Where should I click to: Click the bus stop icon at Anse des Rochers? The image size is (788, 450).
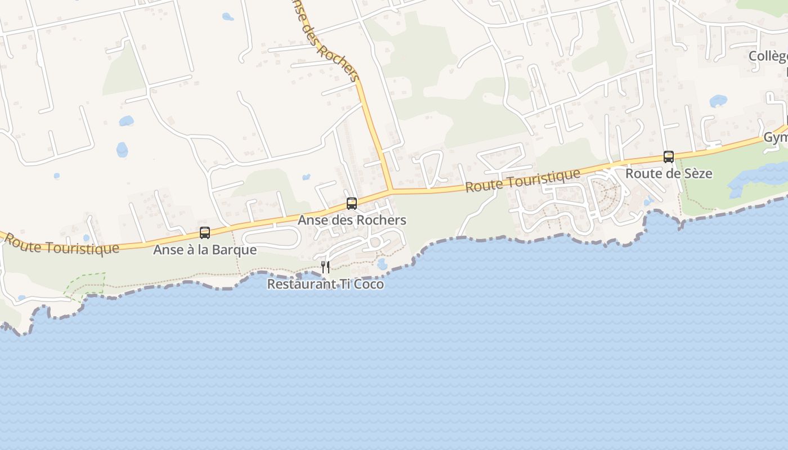pyautogui.click(x=352, y=204)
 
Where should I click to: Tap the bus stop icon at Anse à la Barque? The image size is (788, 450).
pyautogui.click(x=205, y=233)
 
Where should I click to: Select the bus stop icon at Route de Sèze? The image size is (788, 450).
pyautogui.click(x=669, y=157)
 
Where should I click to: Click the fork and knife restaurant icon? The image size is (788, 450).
pyautogui.click(x=325, y=267)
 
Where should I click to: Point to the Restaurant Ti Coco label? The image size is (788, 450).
pyautogui.click(x=325, y=284)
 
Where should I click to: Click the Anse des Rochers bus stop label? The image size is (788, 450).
pyautogui.click(x=352, y=220)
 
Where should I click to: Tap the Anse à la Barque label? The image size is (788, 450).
pyautogui.click(x=205, y=250)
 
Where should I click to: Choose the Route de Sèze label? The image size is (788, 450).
pyautogui.click(x=669, y=173)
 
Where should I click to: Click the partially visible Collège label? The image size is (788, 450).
pyautogui.click(x=768, y=56)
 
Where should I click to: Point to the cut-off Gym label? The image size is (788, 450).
pyautogui.click(x=775, y=138)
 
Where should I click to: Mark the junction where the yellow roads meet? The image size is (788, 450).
pyautogui.click(x=391, y=191)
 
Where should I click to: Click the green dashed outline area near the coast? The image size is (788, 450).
pyautogui.click(x=84, y=284)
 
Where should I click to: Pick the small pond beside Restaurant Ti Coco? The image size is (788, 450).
pyautogui.click(x=383, y=264)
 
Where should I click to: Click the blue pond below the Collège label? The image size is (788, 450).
pyautogui.click(x=718, y=101)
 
